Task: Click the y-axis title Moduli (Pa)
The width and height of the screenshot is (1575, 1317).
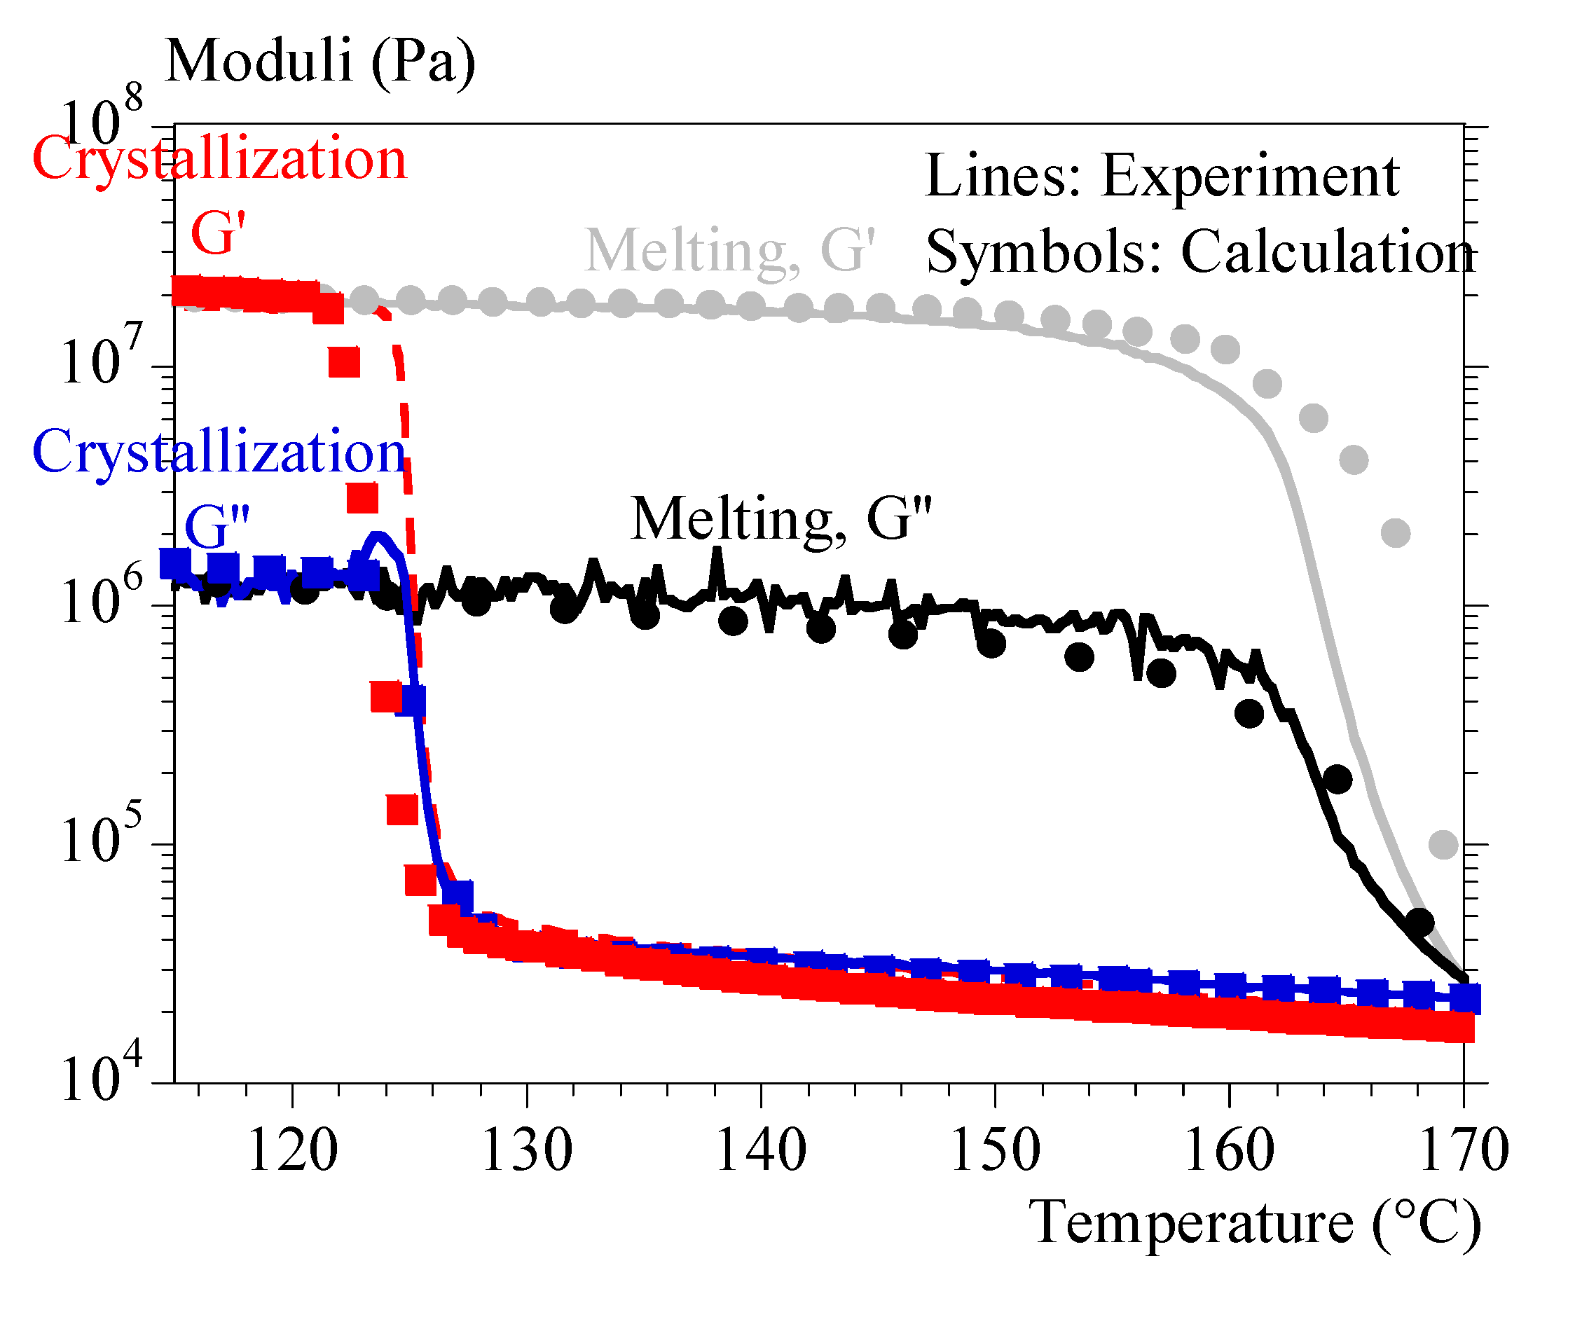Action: click(x=320, y=62)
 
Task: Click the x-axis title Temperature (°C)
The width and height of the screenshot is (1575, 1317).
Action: click(x=1255, y=1223)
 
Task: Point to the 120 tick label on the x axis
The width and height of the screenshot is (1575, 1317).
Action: click(x=292, y=1150)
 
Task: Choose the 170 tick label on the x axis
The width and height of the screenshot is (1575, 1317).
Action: click(x=1463, y=1150)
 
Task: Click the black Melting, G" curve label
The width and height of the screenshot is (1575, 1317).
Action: click(x=780, y=520)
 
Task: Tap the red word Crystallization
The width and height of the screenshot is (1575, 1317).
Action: click(x=219, y=160)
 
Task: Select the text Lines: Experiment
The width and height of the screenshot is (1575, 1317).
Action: click(x=1162, y=177)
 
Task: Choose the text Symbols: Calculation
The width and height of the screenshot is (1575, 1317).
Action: click(x=1200, y=253)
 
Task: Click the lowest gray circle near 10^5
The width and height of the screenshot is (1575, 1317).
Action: click(x=1443, y=846)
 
